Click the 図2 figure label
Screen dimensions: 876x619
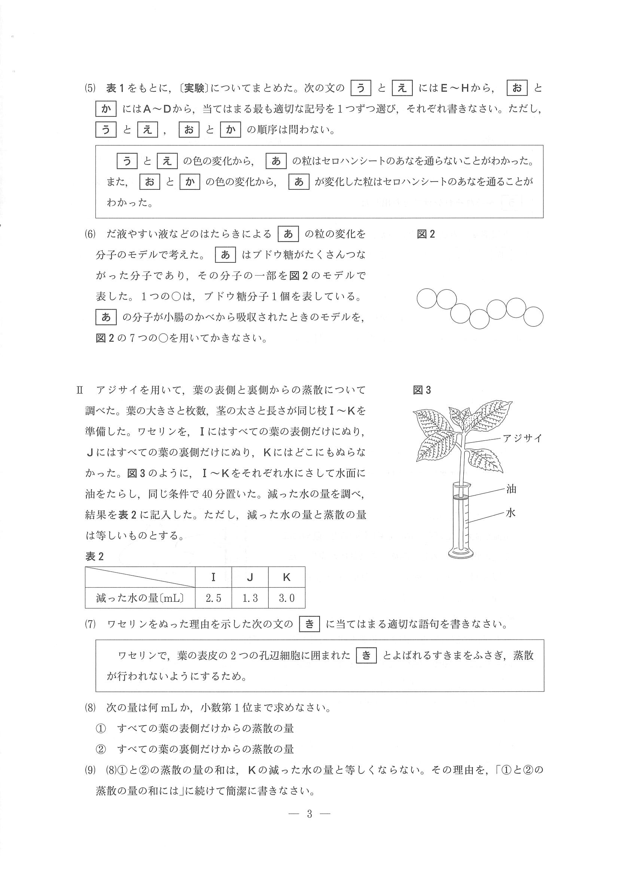coord(426,234)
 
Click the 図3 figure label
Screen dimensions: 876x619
coord(422,390)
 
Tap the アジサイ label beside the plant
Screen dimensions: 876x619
coord(522,438)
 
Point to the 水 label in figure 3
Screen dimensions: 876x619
coord(511,512)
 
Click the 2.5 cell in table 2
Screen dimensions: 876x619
coord(213,598)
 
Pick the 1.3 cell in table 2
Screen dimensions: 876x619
coord(250,598)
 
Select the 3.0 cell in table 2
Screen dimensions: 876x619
coord(286,598)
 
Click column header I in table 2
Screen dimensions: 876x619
coord(213,577)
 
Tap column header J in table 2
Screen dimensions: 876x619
coord(250,577)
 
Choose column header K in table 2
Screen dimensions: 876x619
coord(286,577)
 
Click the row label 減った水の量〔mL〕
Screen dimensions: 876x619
coord(140,598)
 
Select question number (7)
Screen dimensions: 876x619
coord(90,624)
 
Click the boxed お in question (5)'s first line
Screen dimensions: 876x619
coord(517,88)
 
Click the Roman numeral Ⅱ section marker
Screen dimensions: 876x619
coord(80,390)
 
